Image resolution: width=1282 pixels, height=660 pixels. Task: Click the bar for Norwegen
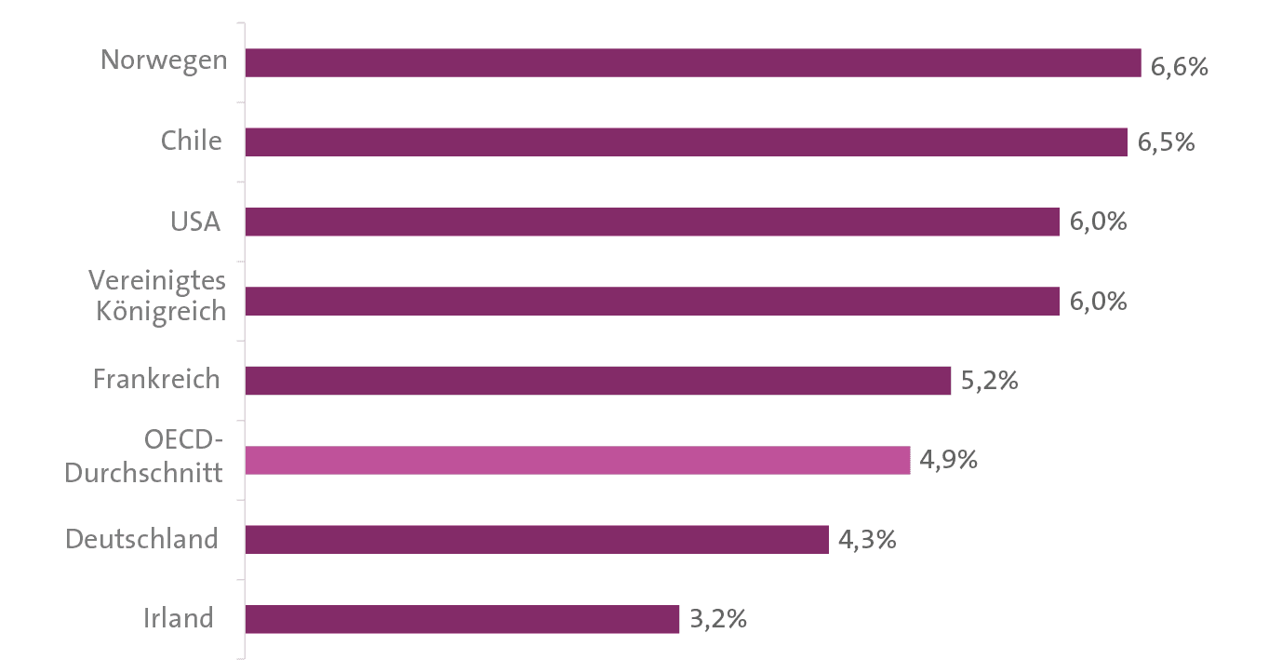pyautogui.click(x=693, y=62)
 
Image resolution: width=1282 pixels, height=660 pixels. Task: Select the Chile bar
pyautogui.click(x=687, y=142)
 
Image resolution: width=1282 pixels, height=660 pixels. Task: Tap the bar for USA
pyautogui.click(x=652, y=222)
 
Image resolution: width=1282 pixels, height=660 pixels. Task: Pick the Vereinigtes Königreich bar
pyautogui.click(x=652, y=301)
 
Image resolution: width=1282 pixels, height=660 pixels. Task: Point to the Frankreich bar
pyautogui.click(x=598, y=381)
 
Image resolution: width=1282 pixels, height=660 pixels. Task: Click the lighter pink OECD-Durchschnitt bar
pyautogui.click(x=578, y=460)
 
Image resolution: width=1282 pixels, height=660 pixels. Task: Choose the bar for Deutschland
pyautogui.click(x=537, y=540)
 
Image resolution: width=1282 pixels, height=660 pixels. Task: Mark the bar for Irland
pyautogui.click(x=462, y=619)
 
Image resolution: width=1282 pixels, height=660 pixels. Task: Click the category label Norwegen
pyautogui.click(x=164, y=61)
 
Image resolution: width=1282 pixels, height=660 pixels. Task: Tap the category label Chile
pyautogui.click(x=191, y=141)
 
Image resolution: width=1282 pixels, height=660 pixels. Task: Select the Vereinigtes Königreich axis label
pyautogui.click(x=157, y=295)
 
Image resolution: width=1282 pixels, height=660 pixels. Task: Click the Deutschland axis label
pyautogui.click(x=141, y=539)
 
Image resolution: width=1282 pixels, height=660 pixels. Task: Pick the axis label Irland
pyautogui.click(x=179, y=618)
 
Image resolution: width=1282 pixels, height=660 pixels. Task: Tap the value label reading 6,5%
pyautogui.click(x=1166, y=144)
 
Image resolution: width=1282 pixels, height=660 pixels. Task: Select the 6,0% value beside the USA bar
pyautogui.click(x=1098, y=223)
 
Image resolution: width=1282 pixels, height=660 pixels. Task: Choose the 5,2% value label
pyautogui.click(x=989, y=382)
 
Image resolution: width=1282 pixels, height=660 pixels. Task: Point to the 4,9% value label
pyautogui.click(x=948, y=460)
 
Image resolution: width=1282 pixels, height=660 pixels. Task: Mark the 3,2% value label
pyautogui.click(x=717, y=620)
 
